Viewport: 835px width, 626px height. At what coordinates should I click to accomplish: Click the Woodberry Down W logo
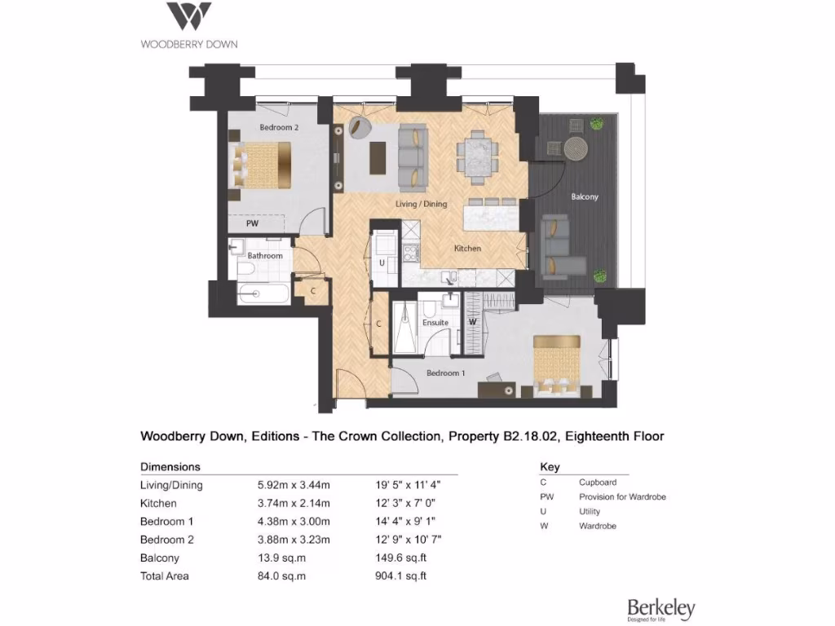click(x=189, y=16)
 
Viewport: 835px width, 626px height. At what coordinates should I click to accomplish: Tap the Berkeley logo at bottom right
click(x=660, y=609)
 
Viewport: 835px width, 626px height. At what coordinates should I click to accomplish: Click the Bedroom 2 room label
click(x=279, y=127)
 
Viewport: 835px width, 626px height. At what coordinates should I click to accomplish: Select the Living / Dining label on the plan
click(x=422, y=204)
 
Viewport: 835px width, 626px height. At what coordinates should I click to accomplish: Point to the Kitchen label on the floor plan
click(x=467, y=248)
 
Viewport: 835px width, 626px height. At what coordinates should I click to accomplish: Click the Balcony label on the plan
click(x=584, y=196)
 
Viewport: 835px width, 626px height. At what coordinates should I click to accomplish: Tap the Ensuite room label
click(x=435, y=323)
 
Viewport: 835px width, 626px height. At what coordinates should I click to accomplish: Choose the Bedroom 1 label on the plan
click(x=446, y=373)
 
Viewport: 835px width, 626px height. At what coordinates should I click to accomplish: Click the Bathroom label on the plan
click(x=265, y=256)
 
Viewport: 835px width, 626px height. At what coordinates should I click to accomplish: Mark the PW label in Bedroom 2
click(x=254, y=223)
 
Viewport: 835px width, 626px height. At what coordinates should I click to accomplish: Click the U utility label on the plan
click(x=381, y=263)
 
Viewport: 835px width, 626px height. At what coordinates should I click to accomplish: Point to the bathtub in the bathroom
click(x=263, y=293)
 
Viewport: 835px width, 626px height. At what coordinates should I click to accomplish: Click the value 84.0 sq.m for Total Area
click(x=281, y=576)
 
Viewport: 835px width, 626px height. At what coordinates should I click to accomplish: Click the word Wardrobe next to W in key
click(x=598, y=527)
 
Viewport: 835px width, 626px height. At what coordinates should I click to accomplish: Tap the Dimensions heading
click(x=170, y=467)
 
